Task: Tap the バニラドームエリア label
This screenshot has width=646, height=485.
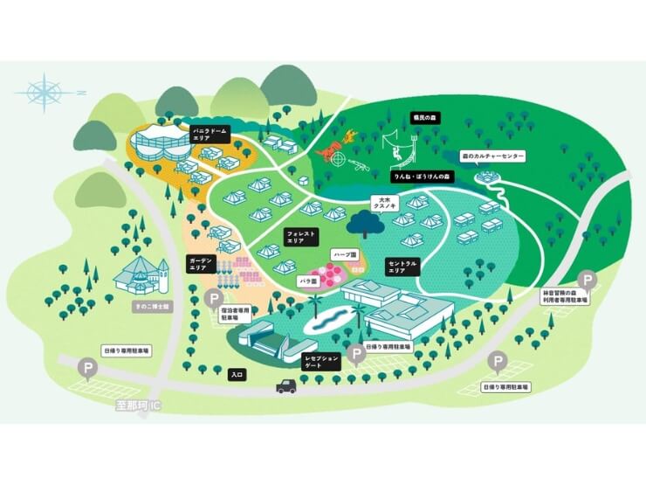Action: pos(213,133)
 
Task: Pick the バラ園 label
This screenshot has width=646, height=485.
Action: pos(307,282)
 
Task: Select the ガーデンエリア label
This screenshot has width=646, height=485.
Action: pos(199,264)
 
